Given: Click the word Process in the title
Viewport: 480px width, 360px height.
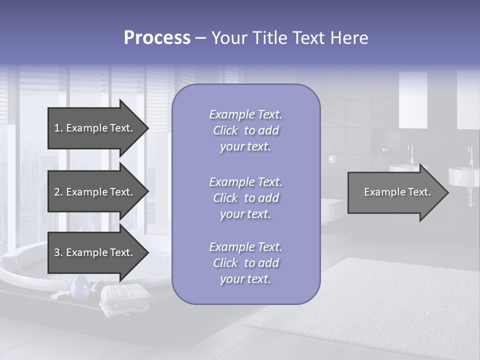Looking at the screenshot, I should click(x=157, y=38).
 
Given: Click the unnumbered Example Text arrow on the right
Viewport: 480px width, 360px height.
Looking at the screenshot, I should click(x=395, y=192).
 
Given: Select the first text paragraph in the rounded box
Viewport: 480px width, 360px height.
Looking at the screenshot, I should click(x=245, y=130).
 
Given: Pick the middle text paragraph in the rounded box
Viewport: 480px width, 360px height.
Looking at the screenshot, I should click(x=245, y=198).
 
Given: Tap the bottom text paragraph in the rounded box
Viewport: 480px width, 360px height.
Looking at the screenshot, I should click(x=245, y=263).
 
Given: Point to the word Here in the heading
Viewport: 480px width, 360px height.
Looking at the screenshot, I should click(x=348, y=38).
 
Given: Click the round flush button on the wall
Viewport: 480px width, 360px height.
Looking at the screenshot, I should click(x=332, y=159).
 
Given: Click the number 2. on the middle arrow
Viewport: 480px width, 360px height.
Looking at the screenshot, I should click(x=58, y=192).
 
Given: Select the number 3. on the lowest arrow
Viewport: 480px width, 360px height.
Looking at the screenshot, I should click(x=58, y=252).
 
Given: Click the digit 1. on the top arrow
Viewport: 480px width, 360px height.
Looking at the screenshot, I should click(x=58, y=128).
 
